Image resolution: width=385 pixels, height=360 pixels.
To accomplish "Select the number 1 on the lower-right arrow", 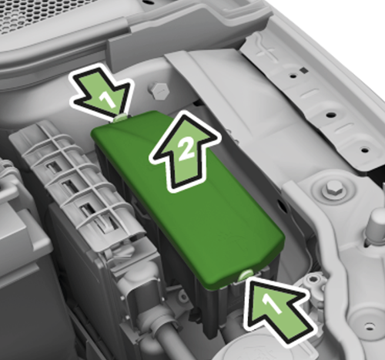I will (269, 305).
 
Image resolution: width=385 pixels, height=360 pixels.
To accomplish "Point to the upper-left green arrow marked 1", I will (100, 93).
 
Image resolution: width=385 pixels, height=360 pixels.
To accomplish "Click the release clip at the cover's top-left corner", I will (120, 117).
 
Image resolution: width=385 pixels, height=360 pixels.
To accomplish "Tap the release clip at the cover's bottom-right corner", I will (246, 274).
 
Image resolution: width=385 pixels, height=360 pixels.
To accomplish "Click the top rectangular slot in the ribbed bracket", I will (53, 165).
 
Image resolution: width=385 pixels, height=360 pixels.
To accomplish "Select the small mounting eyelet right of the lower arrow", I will (313, 283).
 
